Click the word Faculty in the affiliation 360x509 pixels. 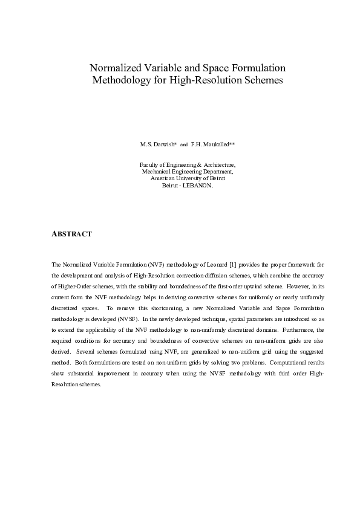[149, 164]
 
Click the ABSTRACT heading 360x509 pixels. [71, 234]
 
